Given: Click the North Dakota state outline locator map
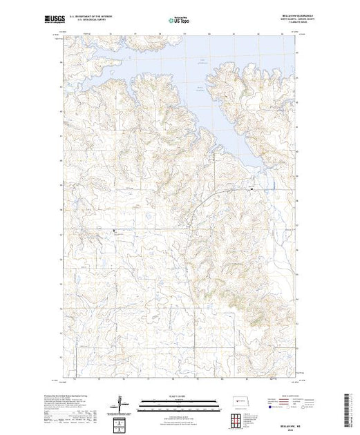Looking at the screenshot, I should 235,401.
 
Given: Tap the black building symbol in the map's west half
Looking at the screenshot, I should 115,233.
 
